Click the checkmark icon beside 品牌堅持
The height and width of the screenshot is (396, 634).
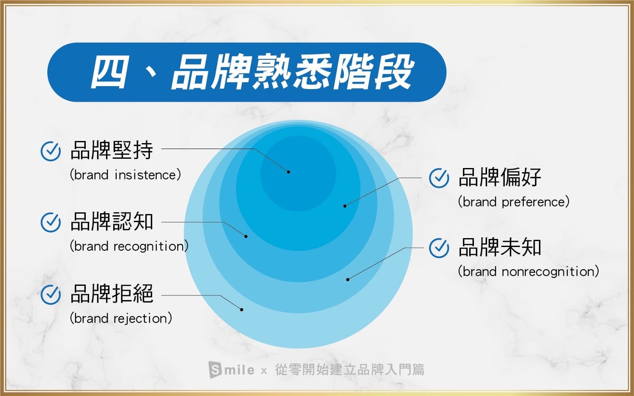(x=51, y=151)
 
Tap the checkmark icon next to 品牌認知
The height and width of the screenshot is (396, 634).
(x=51, y=222)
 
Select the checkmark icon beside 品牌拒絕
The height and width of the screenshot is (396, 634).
(x=51, y=294)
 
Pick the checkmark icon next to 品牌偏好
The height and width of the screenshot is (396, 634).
(x=439, y=178)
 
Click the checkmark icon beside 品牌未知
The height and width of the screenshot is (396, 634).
(x=439, y=248)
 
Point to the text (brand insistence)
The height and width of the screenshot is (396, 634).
(x=125, y=175)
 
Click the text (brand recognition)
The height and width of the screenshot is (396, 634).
(x=129, y=246)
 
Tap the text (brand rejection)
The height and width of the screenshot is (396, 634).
(x=121, y=318)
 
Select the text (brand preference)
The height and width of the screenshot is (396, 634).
(x=514, y=202)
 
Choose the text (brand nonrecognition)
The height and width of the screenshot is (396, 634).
(x=528, y=271)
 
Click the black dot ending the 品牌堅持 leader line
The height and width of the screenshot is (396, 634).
(x=288, y=172)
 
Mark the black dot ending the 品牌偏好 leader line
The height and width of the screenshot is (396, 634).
(x=345, y=206)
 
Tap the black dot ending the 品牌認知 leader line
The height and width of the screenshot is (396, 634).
(x=246, y=236)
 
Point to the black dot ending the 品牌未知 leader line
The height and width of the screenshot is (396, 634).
(x=348, y=280)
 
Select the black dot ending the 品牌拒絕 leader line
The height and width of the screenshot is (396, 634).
(x=242, y=310)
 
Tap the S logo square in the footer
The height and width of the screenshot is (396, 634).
(x=215, y=369)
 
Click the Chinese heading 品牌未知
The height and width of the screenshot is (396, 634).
(x=500, y=247)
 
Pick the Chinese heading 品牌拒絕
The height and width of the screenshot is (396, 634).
(x=112, y=293)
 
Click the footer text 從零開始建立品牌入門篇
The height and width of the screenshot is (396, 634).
(x=350, y=369)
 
